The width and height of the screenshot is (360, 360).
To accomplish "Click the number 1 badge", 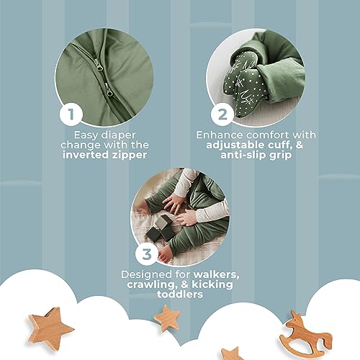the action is pyautogui.click(x=71, y=114).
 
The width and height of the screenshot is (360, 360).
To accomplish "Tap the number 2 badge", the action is pyautogui.click(x=222, y=114).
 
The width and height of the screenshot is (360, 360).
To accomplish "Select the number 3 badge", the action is pyautogui.click(x=147, y=254).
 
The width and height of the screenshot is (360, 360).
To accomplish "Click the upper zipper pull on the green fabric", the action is pyautogui.click(x=99, y=65).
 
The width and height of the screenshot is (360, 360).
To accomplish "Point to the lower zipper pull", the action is pyautogui.click(x=109, y=90).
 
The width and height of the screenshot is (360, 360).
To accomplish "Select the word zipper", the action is pyautogui.click(x=130, y=156).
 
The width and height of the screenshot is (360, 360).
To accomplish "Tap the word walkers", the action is pyautogui.click(x=216, y=275).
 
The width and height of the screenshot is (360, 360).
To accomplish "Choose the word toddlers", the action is pyautogui.click(x=180, y=294).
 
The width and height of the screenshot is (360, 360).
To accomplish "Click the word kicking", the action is pyautogui.click(x=212, y=285).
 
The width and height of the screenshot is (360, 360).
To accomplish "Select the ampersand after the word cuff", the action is pyautogui.click(x=300, y=145).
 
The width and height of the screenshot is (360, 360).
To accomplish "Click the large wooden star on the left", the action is pyautogui.click(x=50, y=328).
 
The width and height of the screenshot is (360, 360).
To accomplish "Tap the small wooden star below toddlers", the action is pyautogui.click(x=167, y=318).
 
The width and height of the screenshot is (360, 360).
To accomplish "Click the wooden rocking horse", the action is pyautogui.click(x=305, y=335).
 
